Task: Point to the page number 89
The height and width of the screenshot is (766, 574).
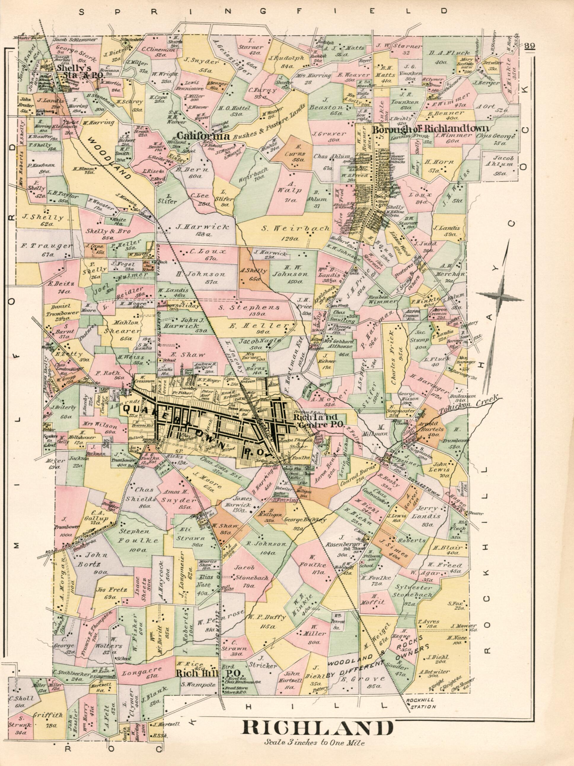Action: click(x=529, y=46)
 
